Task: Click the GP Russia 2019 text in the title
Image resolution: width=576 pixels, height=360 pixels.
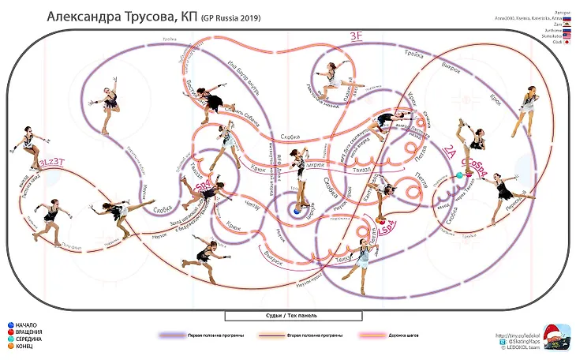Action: click(x=230, y=18)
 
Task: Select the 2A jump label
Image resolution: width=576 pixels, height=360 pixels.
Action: click(x=450, y=151)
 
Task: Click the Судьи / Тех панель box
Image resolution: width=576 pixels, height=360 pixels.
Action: click(x=293, y=316)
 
